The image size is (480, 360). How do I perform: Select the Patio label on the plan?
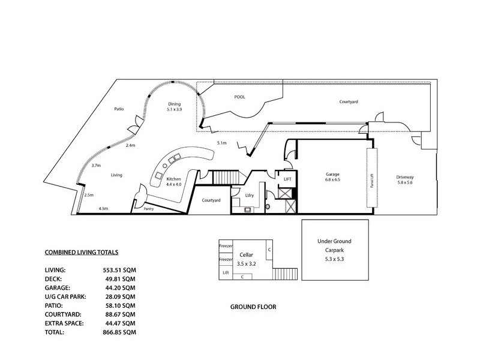pos(119,109)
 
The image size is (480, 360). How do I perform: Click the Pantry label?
pos(151,208)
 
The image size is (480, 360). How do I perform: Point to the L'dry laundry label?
pos(250,196)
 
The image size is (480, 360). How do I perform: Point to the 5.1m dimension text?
pos(221,143)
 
